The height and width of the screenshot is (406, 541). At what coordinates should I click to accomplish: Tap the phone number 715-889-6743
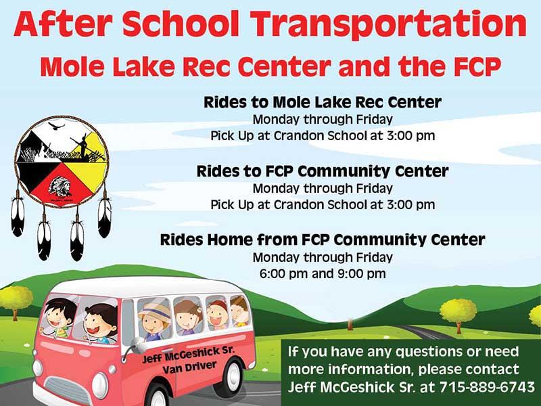487,386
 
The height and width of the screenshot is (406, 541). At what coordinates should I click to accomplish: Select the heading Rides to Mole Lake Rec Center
323,102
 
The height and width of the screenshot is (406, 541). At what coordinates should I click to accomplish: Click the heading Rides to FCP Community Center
323,171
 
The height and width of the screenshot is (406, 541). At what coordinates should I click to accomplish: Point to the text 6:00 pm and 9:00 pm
323,274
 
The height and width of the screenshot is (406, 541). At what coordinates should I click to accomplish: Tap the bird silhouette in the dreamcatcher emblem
56,126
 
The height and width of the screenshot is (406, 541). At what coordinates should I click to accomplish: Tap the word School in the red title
181,24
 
